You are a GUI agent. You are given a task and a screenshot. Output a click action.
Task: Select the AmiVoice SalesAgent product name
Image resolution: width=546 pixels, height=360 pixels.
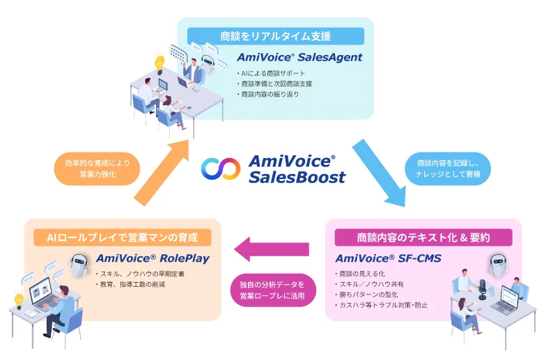click(299, 57)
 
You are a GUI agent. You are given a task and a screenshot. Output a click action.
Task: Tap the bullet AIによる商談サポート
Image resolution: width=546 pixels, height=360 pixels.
click(272, 73)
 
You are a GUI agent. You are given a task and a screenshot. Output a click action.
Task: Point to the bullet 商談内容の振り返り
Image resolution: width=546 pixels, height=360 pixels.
click(269, 94)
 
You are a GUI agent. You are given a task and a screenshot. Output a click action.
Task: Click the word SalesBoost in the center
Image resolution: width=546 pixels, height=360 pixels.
click(297, 178)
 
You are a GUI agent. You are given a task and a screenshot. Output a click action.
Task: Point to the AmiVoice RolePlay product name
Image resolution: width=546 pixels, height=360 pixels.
click(153, 258)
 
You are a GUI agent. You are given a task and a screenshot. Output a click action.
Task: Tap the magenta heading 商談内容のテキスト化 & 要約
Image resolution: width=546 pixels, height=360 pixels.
click(423, 237)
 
